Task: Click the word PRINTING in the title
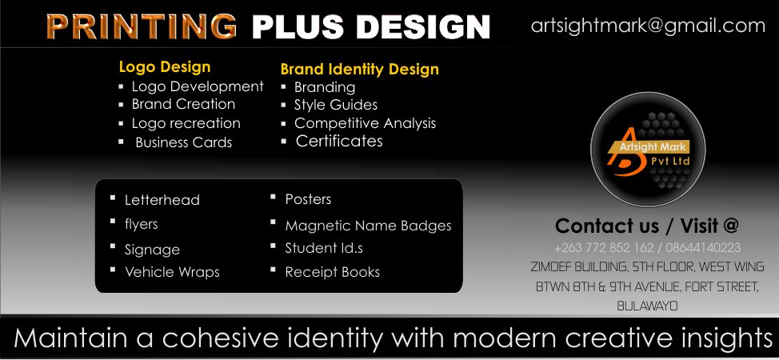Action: click(x=142, y=26)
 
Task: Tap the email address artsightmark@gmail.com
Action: click(x=648, y=26)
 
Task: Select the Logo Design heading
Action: click(x=165, y=67)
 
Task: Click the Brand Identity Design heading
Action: click(x=359, y=69)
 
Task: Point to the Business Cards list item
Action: click(x=183, y=142)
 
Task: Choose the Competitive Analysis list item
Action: click(x=365, y=123)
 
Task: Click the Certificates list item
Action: click(x=339, y=142)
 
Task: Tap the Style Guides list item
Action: click(x=335, y=105)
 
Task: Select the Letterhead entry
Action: click(x=162, y=200)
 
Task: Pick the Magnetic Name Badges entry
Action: click(x=368, y=226)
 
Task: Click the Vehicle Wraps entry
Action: click(x=172, y=272)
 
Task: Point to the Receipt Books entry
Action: click(x=332, y=272)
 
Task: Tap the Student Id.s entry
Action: click(x=324, y=248)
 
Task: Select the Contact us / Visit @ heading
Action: click(x=646, y=226)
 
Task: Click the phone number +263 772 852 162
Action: click(x=603, y=248)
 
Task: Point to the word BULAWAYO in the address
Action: click(x=647, y=306)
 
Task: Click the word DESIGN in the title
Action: click(x=424, y=26)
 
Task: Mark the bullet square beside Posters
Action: click(x=274, y=196)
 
